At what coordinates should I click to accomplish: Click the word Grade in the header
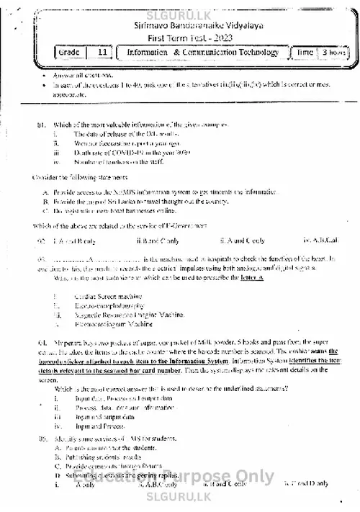(70, 53)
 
